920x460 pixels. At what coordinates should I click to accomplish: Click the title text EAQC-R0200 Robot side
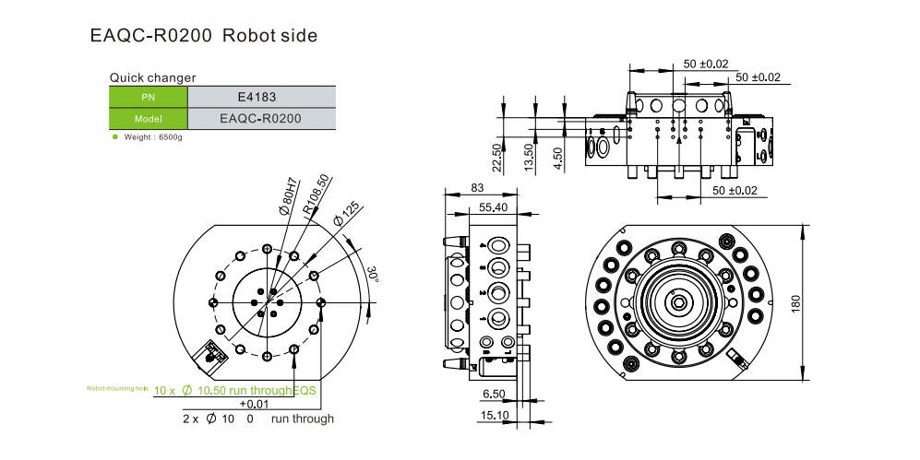pos(204,36)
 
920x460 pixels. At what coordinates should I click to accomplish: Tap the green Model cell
pos(149,119)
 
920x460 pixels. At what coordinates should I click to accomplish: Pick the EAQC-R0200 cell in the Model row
pos(260,119)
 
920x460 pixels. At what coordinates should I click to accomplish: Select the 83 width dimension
pos(477,188)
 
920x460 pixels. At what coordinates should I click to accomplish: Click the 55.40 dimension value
pos(493,207)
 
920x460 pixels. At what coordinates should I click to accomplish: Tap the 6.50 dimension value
pos(493,394)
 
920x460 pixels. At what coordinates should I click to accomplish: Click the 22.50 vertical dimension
pos(496,158)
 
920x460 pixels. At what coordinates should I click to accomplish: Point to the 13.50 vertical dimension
pos(528,156)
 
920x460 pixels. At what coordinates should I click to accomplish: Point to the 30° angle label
pos(373,276)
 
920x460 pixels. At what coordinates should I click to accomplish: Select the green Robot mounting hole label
pos(117,389)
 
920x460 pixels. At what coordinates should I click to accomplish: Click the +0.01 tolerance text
pos(254,405)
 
